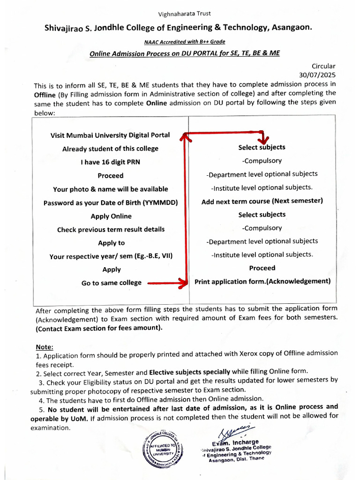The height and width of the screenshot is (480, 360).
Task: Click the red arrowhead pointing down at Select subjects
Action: [x=264, y=140]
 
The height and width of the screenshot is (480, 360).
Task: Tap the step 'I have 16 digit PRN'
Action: [x=110, y=162]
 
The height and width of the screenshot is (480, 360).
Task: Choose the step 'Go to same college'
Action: [x=111, y=283]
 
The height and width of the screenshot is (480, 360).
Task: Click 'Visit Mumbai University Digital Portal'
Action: [x=110, y=135]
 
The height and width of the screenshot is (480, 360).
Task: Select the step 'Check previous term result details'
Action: [x=111, y=230]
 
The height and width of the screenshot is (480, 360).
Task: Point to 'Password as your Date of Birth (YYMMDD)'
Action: [x=111, y=203]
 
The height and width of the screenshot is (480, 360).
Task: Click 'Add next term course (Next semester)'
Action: [x=262, y=201]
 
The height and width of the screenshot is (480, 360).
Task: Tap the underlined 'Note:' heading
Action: [x=45, y=347]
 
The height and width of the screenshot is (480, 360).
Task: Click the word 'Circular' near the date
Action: [x=323, y=67]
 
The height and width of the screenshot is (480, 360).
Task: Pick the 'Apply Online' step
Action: [x=111, y=217]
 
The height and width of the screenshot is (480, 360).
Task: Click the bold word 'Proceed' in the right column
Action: [x=262, y=268]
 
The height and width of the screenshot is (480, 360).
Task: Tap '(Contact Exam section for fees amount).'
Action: [x=99, y=328]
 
